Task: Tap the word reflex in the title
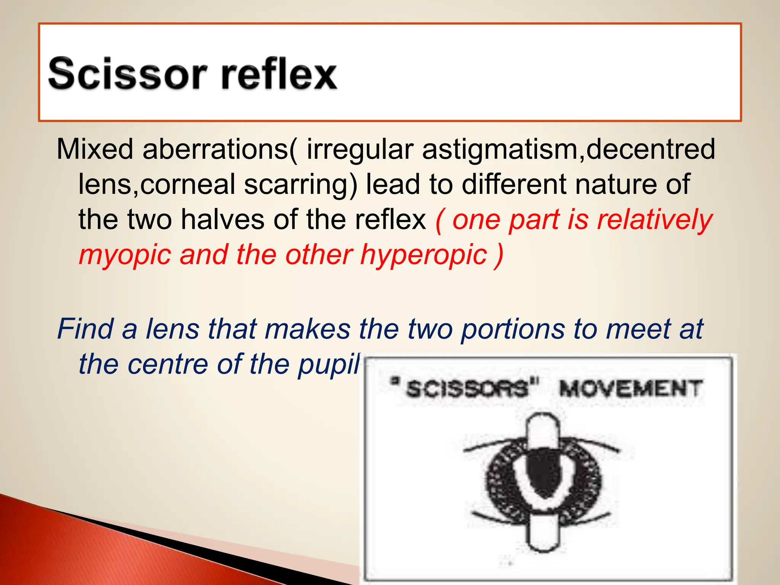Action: [x=279, y=73]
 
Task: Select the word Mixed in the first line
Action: [x=95, y=149]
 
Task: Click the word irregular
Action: [x=360, y=150]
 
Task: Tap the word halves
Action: [x=222, y=220]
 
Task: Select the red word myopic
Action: [x=125, y=255]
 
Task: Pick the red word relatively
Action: [x=655, y=221]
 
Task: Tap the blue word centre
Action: [x=168, y=364]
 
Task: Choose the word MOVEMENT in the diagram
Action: [x=630, y=389]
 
